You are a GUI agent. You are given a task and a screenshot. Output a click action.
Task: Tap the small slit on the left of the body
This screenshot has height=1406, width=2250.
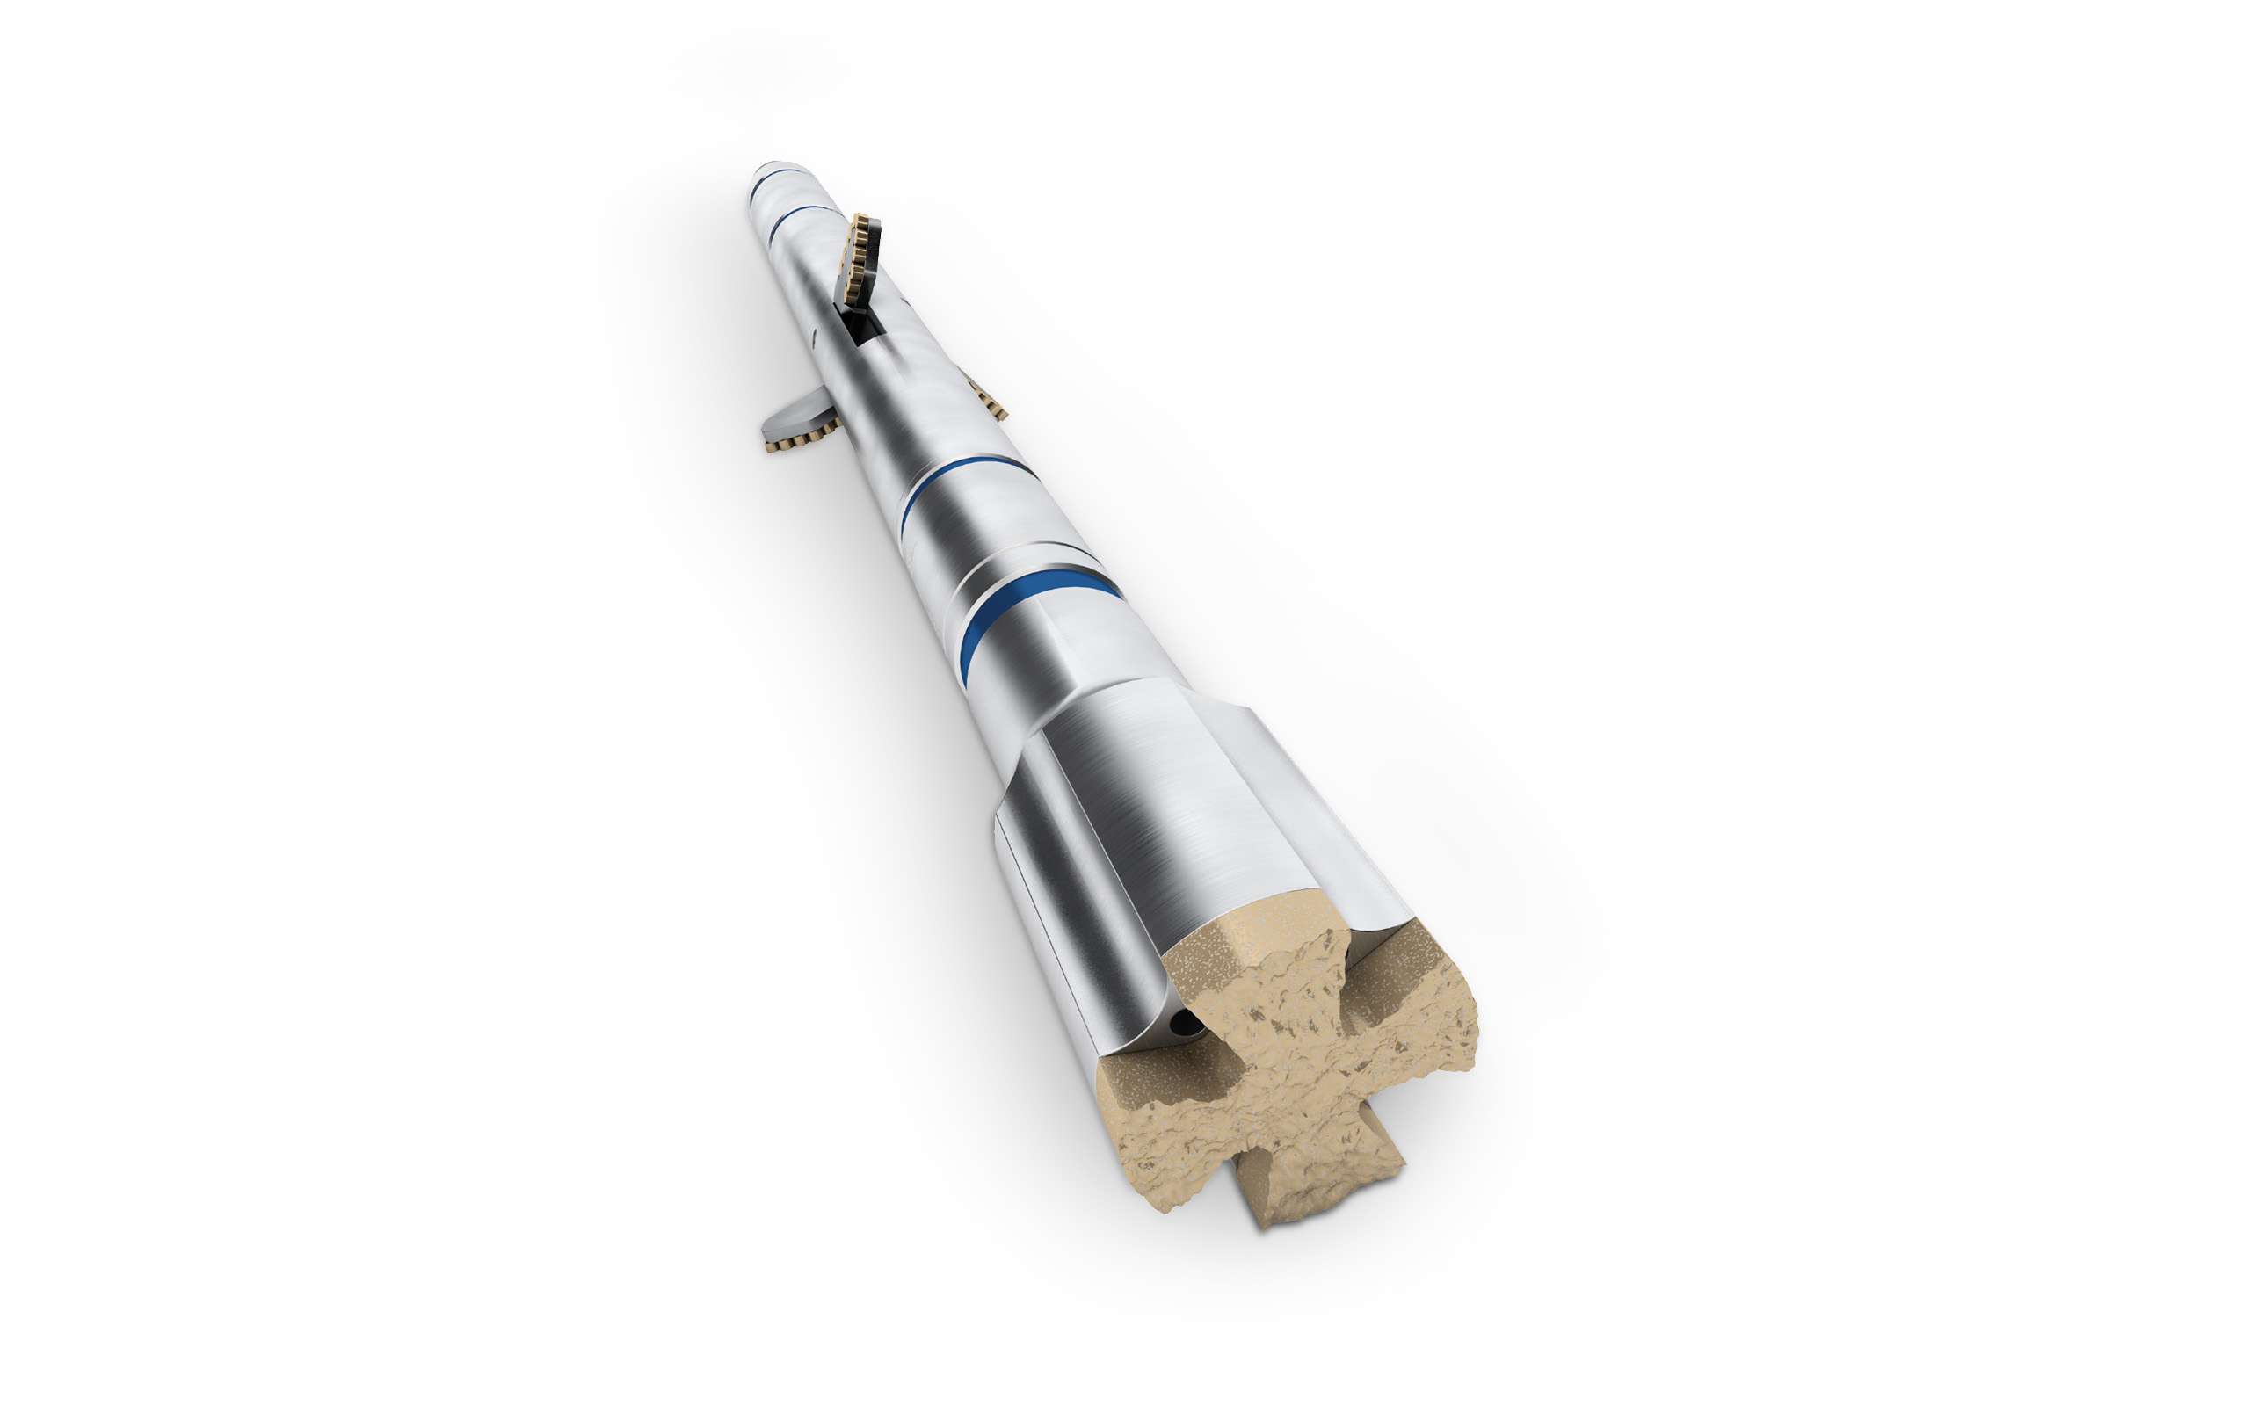coord(815,339)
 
